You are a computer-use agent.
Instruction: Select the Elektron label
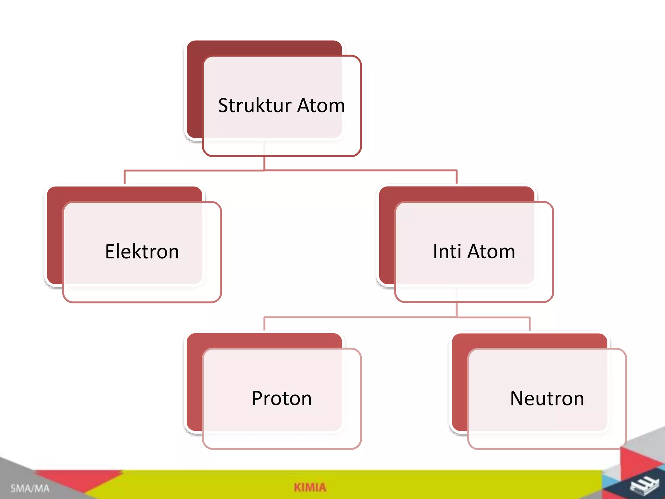click(142, 251)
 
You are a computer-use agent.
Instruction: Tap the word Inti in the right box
click(447, 251)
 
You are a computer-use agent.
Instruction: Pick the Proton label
click(282, 398)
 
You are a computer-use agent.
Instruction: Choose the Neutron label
click(547, 398)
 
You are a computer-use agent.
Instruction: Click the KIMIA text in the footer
click(310, 487)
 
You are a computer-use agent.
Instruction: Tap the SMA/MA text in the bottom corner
click(30, 488)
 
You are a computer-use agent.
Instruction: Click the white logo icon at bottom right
click(644, 486)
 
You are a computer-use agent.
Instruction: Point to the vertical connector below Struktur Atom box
click(264, 163)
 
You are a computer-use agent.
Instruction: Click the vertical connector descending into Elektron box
click(125, 177)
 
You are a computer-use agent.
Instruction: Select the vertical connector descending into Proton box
click(264, 324)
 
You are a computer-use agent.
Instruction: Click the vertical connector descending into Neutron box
click(530, 324)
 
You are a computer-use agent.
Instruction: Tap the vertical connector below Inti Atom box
click(457, 310)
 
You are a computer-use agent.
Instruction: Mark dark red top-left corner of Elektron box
click(55, 195)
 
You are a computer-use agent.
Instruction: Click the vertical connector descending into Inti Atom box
click(457, 177)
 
